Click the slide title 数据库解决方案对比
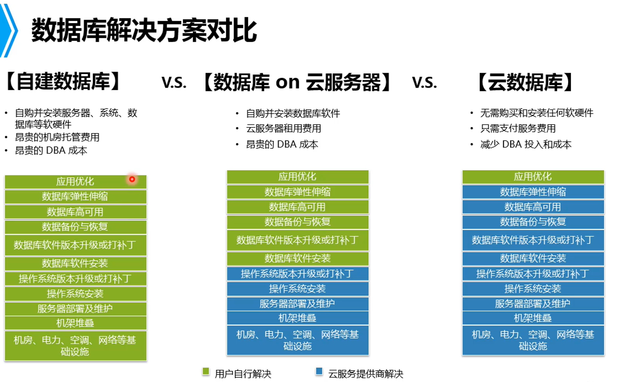(x=144, y=30)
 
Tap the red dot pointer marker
(x=132, y=179)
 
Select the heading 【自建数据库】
(x=63, y=82)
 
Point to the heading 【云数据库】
(x=525, y=82)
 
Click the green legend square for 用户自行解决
(x=206, y=371)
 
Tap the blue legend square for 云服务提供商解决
(x=319, y=371)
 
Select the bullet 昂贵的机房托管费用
(x=57, y=137)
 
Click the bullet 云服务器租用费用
(x=284, y=129)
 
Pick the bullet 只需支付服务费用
(x=518, y=129)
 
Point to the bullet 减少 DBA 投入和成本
(x=526, y=144)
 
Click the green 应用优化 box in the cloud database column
(x=533, y=177)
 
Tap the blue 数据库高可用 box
(x=533, y=207)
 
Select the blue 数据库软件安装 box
(x=533, y=258)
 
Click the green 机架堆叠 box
(x=76, y=323)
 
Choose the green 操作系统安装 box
(x=76, y=293)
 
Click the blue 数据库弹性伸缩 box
(x=533, y=192)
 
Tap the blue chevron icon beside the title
(x=9, y=30)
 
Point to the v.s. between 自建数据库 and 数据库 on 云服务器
(x=174, y=82)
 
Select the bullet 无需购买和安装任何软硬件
(x=537, y=113)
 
